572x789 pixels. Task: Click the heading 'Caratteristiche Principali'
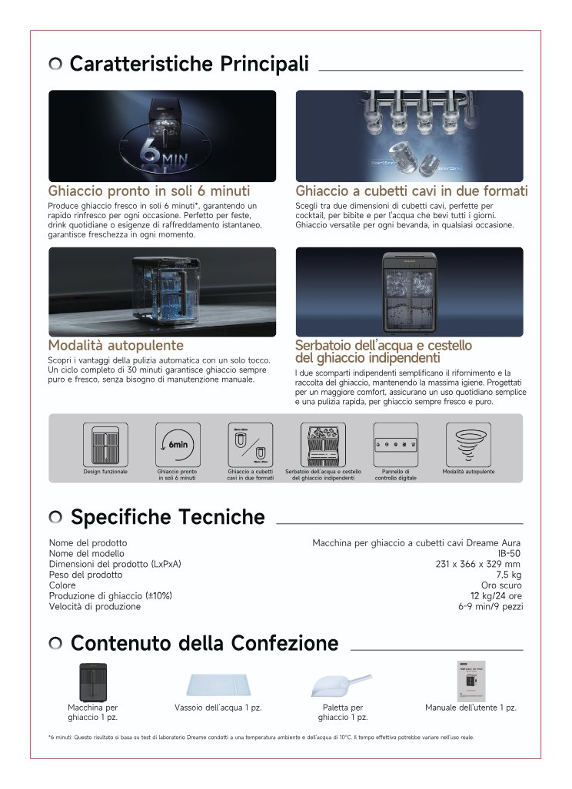(189, 64)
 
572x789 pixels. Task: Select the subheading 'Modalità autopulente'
(116, 345)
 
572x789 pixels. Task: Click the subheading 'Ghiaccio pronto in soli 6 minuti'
(149, 191)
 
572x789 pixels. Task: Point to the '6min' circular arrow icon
(178, 444)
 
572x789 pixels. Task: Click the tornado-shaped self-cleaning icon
(468, 444)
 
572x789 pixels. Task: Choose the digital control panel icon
(395, 444)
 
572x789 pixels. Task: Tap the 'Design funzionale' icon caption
(105, 471)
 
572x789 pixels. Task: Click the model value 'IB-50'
(509, 553)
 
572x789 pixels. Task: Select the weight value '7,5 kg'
(508, 575)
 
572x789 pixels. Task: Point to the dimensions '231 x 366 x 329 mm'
(478, 564)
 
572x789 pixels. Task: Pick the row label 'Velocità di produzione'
(95, 606)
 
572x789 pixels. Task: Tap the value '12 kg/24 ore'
(496, 595)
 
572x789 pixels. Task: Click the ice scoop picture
(342, 682)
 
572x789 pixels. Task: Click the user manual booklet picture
(470, 681)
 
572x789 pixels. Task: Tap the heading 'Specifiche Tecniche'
(168, 517)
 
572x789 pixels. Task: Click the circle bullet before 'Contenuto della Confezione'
(55, 643)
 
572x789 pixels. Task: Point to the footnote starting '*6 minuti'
(261, 738)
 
